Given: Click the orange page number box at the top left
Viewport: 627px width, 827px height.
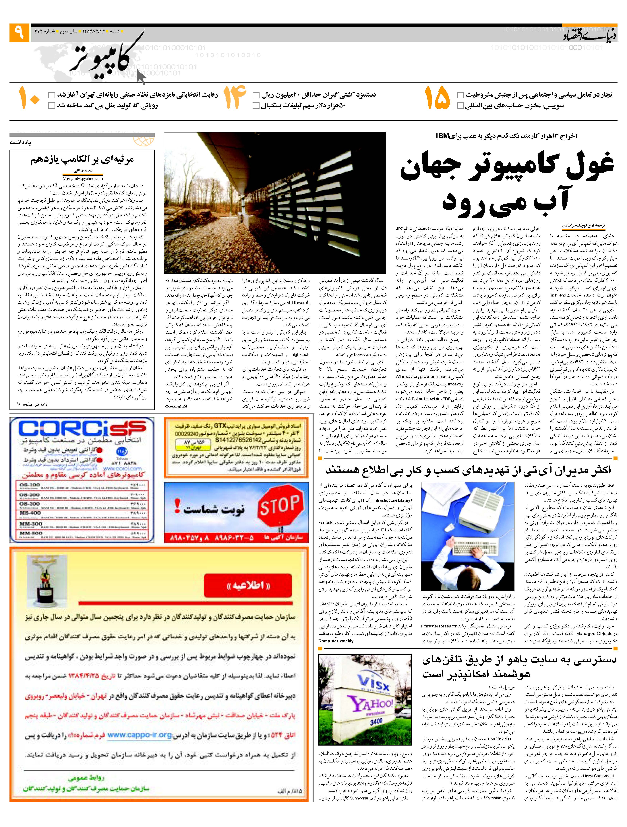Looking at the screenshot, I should pos(19,32).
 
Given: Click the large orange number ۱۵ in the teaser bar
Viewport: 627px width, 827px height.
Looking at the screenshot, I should pos(437,98).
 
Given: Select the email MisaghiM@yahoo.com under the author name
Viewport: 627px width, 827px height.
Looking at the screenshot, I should pos(83,179).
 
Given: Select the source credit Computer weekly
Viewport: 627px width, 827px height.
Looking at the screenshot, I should pos(336,641).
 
